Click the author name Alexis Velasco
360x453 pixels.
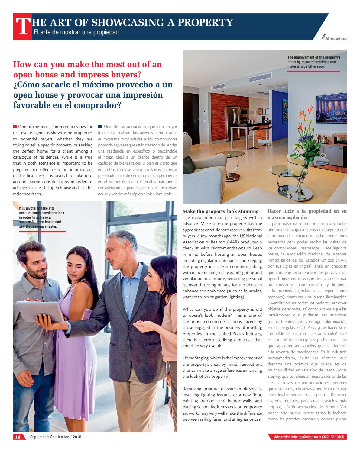(x=336, y=39)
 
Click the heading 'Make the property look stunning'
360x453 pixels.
(x=220, y=211)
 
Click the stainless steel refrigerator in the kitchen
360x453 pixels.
(x=232, y=118)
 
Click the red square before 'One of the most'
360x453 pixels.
(x=15, y=127)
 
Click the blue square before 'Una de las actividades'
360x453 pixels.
(x=100, y=127)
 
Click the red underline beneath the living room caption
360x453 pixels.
(x=313, y=72)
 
